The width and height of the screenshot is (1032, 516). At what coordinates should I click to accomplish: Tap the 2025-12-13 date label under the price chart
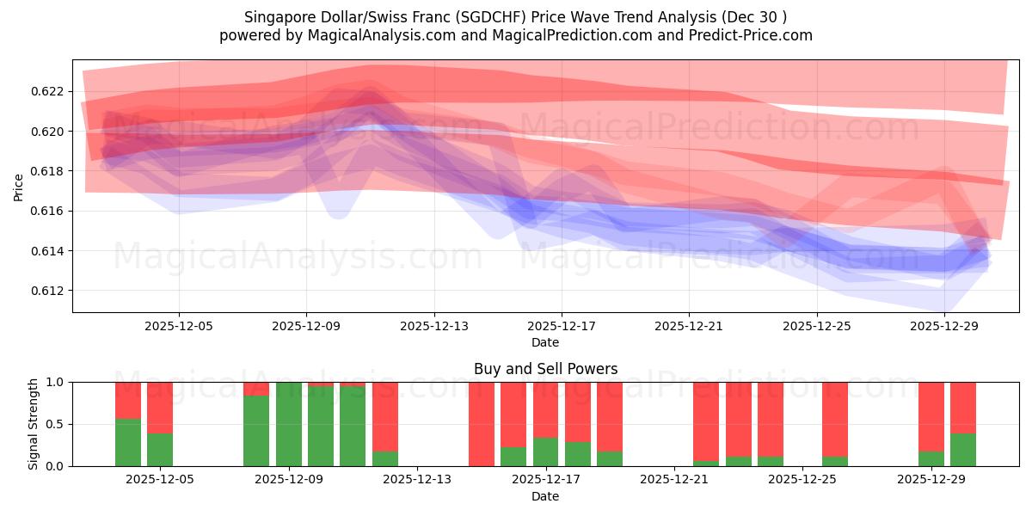[x=433, y=327]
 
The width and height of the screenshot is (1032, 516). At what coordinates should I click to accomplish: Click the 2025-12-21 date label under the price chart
[x=689, y=327]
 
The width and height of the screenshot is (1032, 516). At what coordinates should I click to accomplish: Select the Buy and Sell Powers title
[x=545, y=369]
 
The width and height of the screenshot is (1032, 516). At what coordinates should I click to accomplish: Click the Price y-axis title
[x=19, y=187]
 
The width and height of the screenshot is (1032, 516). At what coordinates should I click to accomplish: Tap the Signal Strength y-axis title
[x=34, y=424]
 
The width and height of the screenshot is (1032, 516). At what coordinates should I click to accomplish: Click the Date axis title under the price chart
[x=545, y=342]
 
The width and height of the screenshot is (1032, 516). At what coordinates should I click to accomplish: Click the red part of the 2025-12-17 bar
[x=545, y=409]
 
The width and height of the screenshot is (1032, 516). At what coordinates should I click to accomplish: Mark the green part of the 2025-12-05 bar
[x=160, y=449]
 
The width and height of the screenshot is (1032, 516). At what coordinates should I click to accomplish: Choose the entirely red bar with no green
[x=482, y=424]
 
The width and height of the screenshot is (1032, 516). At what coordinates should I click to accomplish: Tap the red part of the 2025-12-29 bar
[x=931, y=416]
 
